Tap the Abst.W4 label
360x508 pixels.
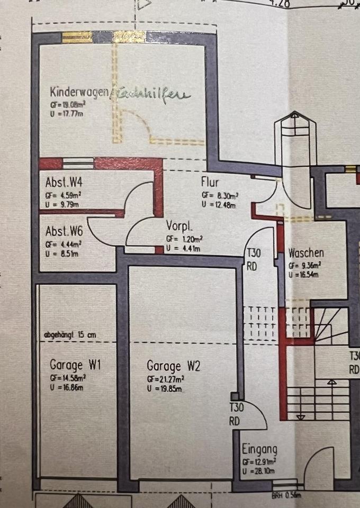point(67,182)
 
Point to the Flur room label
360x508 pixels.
point(210,182)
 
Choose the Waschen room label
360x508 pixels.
point(306,253)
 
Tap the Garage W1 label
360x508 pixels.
point(76,365)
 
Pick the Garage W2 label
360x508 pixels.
point(173,366)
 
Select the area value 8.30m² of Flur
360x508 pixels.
point(220,195)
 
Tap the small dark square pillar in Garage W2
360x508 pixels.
point(235,396)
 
